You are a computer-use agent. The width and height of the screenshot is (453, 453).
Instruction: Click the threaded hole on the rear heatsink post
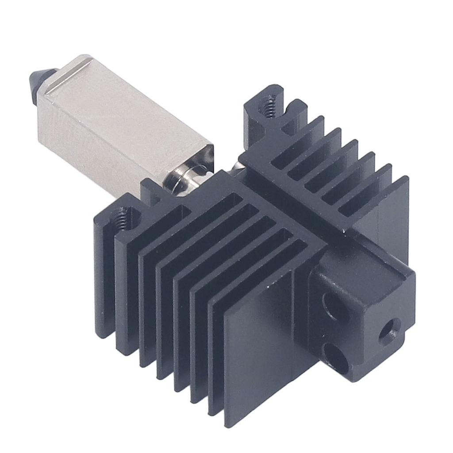click(x=266, y=106)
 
